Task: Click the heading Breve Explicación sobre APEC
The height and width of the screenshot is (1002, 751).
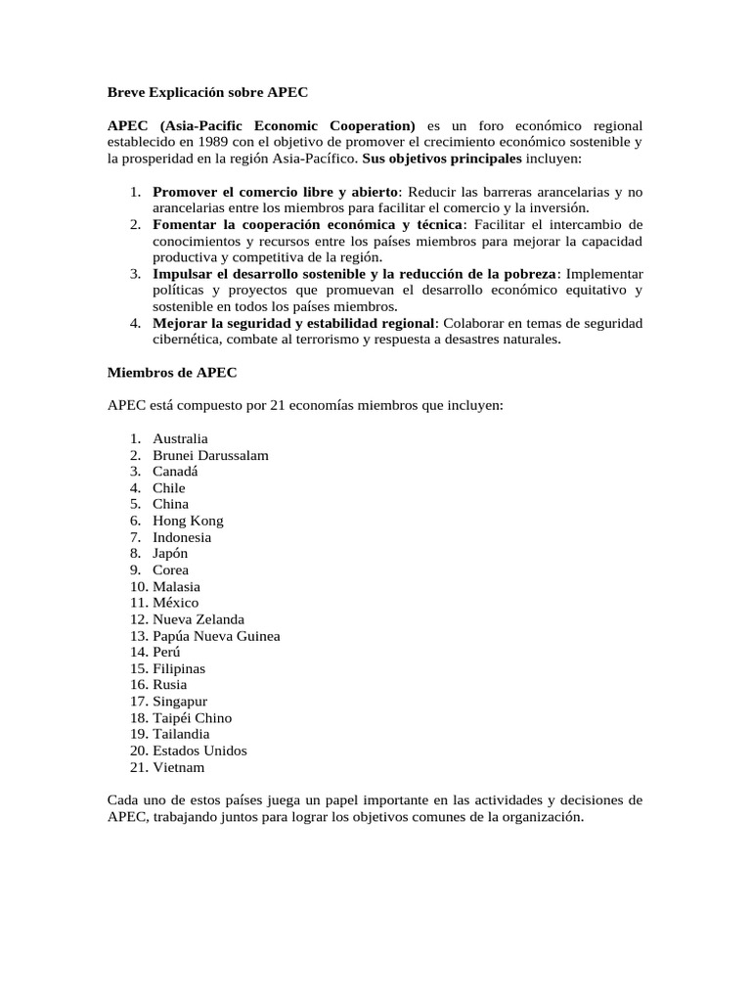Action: [207, 93]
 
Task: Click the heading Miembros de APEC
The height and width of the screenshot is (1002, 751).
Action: [171, 372]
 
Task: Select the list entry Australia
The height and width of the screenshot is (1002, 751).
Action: [180, 438]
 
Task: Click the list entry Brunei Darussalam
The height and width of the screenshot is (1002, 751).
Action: [210, 455]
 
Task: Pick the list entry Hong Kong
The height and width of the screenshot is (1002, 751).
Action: [188, 521]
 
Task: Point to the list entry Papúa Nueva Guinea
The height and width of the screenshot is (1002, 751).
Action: [216, 636]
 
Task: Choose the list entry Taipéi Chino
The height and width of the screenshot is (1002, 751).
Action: [192, 718]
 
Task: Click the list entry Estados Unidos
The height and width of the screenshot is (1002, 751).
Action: [199, 751]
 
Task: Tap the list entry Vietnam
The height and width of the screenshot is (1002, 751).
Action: [179, 767]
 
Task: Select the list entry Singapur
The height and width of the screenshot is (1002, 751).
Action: [180, 702]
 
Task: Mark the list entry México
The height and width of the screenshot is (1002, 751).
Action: [175, 603]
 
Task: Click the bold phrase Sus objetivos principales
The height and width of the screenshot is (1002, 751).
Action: [442, 159]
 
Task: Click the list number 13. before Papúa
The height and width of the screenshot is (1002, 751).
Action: [138, 636]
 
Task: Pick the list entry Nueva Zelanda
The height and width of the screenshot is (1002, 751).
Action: [199, 619]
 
